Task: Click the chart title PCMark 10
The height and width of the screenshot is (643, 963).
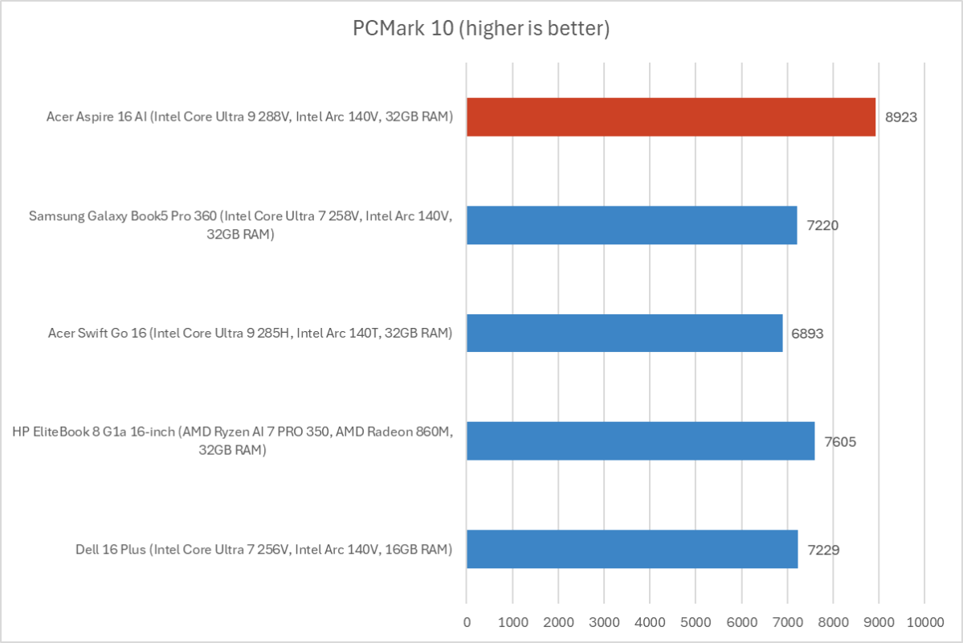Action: tap(481, 29)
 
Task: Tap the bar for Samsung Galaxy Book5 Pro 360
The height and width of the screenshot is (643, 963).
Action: tap(631, 225)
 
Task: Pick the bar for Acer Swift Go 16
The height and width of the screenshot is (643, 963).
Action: tap(624, 333)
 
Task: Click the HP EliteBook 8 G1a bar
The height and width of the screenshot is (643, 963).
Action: tap(640, 441)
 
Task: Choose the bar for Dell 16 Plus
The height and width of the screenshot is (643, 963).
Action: tap(632, 549)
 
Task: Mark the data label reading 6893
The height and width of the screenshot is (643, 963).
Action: tap(809, 333)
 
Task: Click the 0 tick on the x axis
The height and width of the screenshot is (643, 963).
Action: tap(467, 621)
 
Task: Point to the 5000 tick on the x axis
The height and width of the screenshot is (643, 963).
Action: tap(696, 621)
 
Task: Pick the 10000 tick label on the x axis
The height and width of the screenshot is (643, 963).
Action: tap(924, 621)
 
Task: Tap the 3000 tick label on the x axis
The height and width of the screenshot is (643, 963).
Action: tap(604, 621)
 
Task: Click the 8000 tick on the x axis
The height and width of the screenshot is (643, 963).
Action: tap(833, 621)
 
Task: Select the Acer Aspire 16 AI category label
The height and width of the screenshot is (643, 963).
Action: tap(250, 117)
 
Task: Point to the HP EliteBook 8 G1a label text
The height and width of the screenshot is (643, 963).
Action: tap(233, 441)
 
